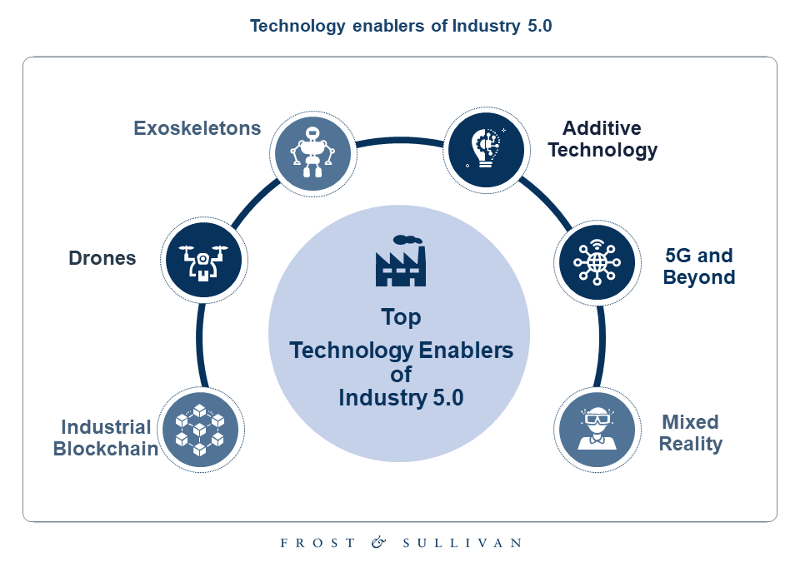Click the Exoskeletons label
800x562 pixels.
[197, 128]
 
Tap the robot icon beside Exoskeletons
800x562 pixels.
[312, 153]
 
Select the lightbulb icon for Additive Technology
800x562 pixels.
[486, 150]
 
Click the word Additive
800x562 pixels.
[602, 128]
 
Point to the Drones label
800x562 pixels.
[102, 258]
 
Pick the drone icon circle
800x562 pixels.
[203, 260]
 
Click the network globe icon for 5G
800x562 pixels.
[597, 262]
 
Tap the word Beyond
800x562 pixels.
[699, 277]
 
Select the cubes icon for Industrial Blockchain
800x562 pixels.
[200, 429]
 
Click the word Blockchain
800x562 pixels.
[106, 449]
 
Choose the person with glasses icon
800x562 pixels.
[597, 430]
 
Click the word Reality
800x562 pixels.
[691, 445]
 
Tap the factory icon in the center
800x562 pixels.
[401, 261]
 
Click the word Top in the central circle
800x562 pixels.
[401, 317]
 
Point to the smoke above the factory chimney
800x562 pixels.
[407, 240]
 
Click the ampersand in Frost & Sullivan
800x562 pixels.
[378, 542]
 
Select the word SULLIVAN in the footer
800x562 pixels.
[462, 543]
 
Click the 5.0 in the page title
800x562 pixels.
[540, 26]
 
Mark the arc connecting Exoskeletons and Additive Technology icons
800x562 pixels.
[400, 140]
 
